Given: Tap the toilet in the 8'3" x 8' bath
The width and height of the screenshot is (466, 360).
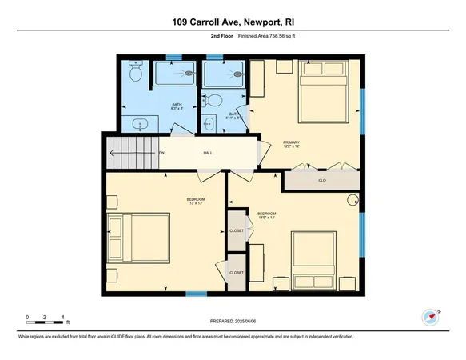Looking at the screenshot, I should click(x=136, y=74).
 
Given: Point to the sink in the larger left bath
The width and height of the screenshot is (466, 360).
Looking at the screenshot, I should click(x=141, y=125).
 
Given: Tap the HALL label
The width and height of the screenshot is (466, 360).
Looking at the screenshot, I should click(x=208, y=152).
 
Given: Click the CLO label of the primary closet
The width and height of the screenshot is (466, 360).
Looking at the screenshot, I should click(x=321, y=181).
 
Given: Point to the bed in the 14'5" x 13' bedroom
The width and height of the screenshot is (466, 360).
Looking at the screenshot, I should click(x=314, y=260).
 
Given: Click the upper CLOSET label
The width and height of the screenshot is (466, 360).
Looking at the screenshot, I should click(x=237, y=230).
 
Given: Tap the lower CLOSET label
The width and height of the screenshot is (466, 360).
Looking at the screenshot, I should click(x=237, y=273).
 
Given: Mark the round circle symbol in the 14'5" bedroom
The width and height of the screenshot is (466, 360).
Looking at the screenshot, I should click(x=353, y=202).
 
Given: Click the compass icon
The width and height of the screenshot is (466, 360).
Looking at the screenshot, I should click(x=432, y=317).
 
